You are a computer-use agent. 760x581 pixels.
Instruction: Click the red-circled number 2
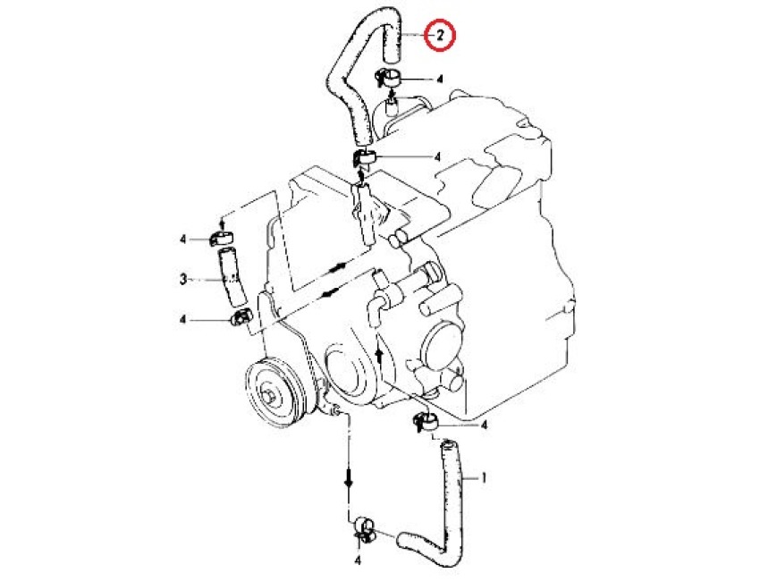(x=439, y=36)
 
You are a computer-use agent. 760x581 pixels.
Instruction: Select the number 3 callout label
(x=183, y=279)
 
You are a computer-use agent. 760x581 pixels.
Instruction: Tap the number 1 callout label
(x=483, y=478)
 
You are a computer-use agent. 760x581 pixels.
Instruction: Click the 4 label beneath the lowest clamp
(x=359, y=561)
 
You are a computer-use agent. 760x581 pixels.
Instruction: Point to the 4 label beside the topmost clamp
(x=440, y=79)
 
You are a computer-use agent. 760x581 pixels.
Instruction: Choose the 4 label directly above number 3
(x=182, y=240)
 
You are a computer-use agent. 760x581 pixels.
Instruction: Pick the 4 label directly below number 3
(x=182, y=319)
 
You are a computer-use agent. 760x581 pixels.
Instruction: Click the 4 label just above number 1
(x=483, y=425)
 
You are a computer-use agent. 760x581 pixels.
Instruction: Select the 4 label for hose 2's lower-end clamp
(x=438, y=157)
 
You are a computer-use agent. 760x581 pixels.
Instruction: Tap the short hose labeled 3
(x=232, y=276)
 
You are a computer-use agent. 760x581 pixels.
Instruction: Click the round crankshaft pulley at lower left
(x=274, y=392)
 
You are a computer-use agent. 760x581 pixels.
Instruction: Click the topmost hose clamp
(x=386, y=77)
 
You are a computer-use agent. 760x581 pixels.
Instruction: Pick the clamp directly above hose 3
(x=221, y=239)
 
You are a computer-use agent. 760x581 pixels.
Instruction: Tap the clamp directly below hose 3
(x=241, y=317)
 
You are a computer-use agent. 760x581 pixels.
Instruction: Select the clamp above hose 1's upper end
(x=425, y=421)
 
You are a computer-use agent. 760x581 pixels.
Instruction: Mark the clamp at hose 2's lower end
(x=364, y=157)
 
